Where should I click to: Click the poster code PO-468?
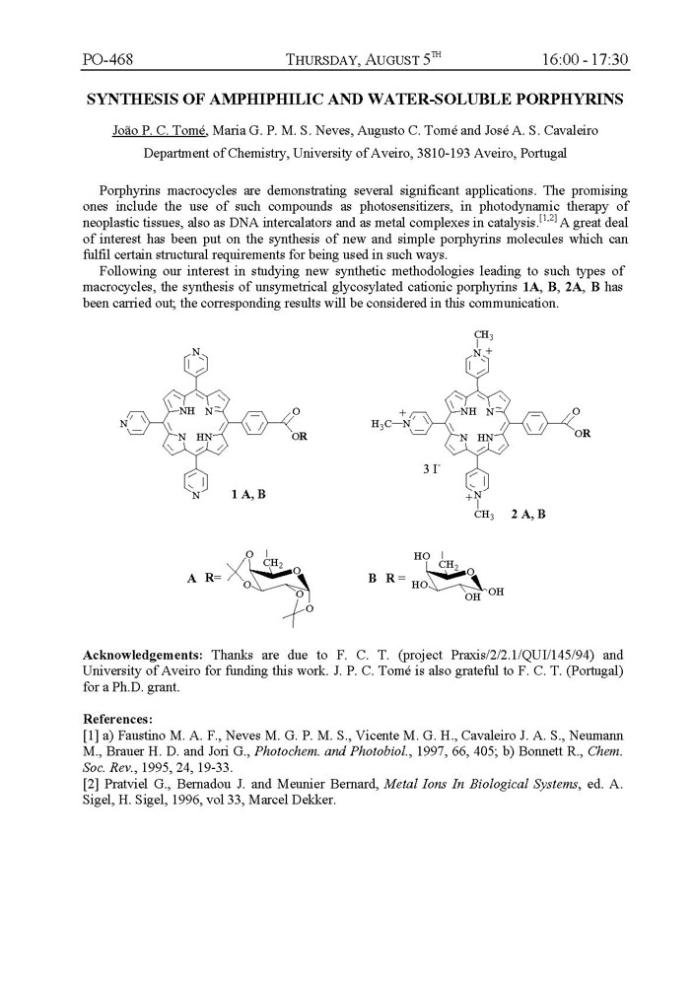tap(107, 59)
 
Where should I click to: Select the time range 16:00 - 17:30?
tap(585, 59)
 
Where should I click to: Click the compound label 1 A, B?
tap(248, 494)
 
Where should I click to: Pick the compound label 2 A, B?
tap(528, 514)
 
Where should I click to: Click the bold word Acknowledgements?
tap(143, 654)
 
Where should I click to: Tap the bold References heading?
tap(117, 718)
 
